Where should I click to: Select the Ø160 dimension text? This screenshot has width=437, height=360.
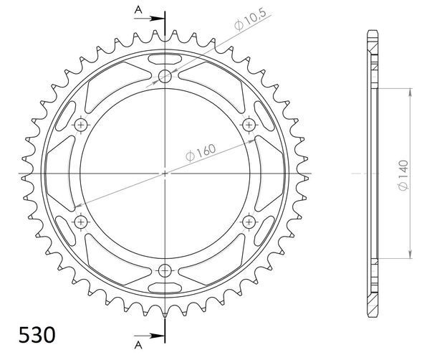coord(201,152)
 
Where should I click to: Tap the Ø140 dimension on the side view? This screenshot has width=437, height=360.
coord(403,175)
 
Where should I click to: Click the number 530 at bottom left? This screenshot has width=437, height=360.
coord(37,335)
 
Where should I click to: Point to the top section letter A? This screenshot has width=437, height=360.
coord(138,10)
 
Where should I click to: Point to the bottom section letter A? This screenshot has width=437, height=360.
coord(138,346)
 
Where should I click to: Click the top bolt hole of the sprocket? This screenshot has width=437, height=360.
coord(165,76)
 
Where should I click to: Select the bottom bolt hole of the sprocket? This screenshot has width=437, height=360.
coord(165,270)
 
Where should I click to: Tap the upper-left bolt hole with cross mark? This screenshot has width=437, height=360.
coord(81,125)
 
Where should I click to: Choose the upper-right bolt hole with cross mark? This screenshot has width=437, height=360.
coord(249,125)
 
